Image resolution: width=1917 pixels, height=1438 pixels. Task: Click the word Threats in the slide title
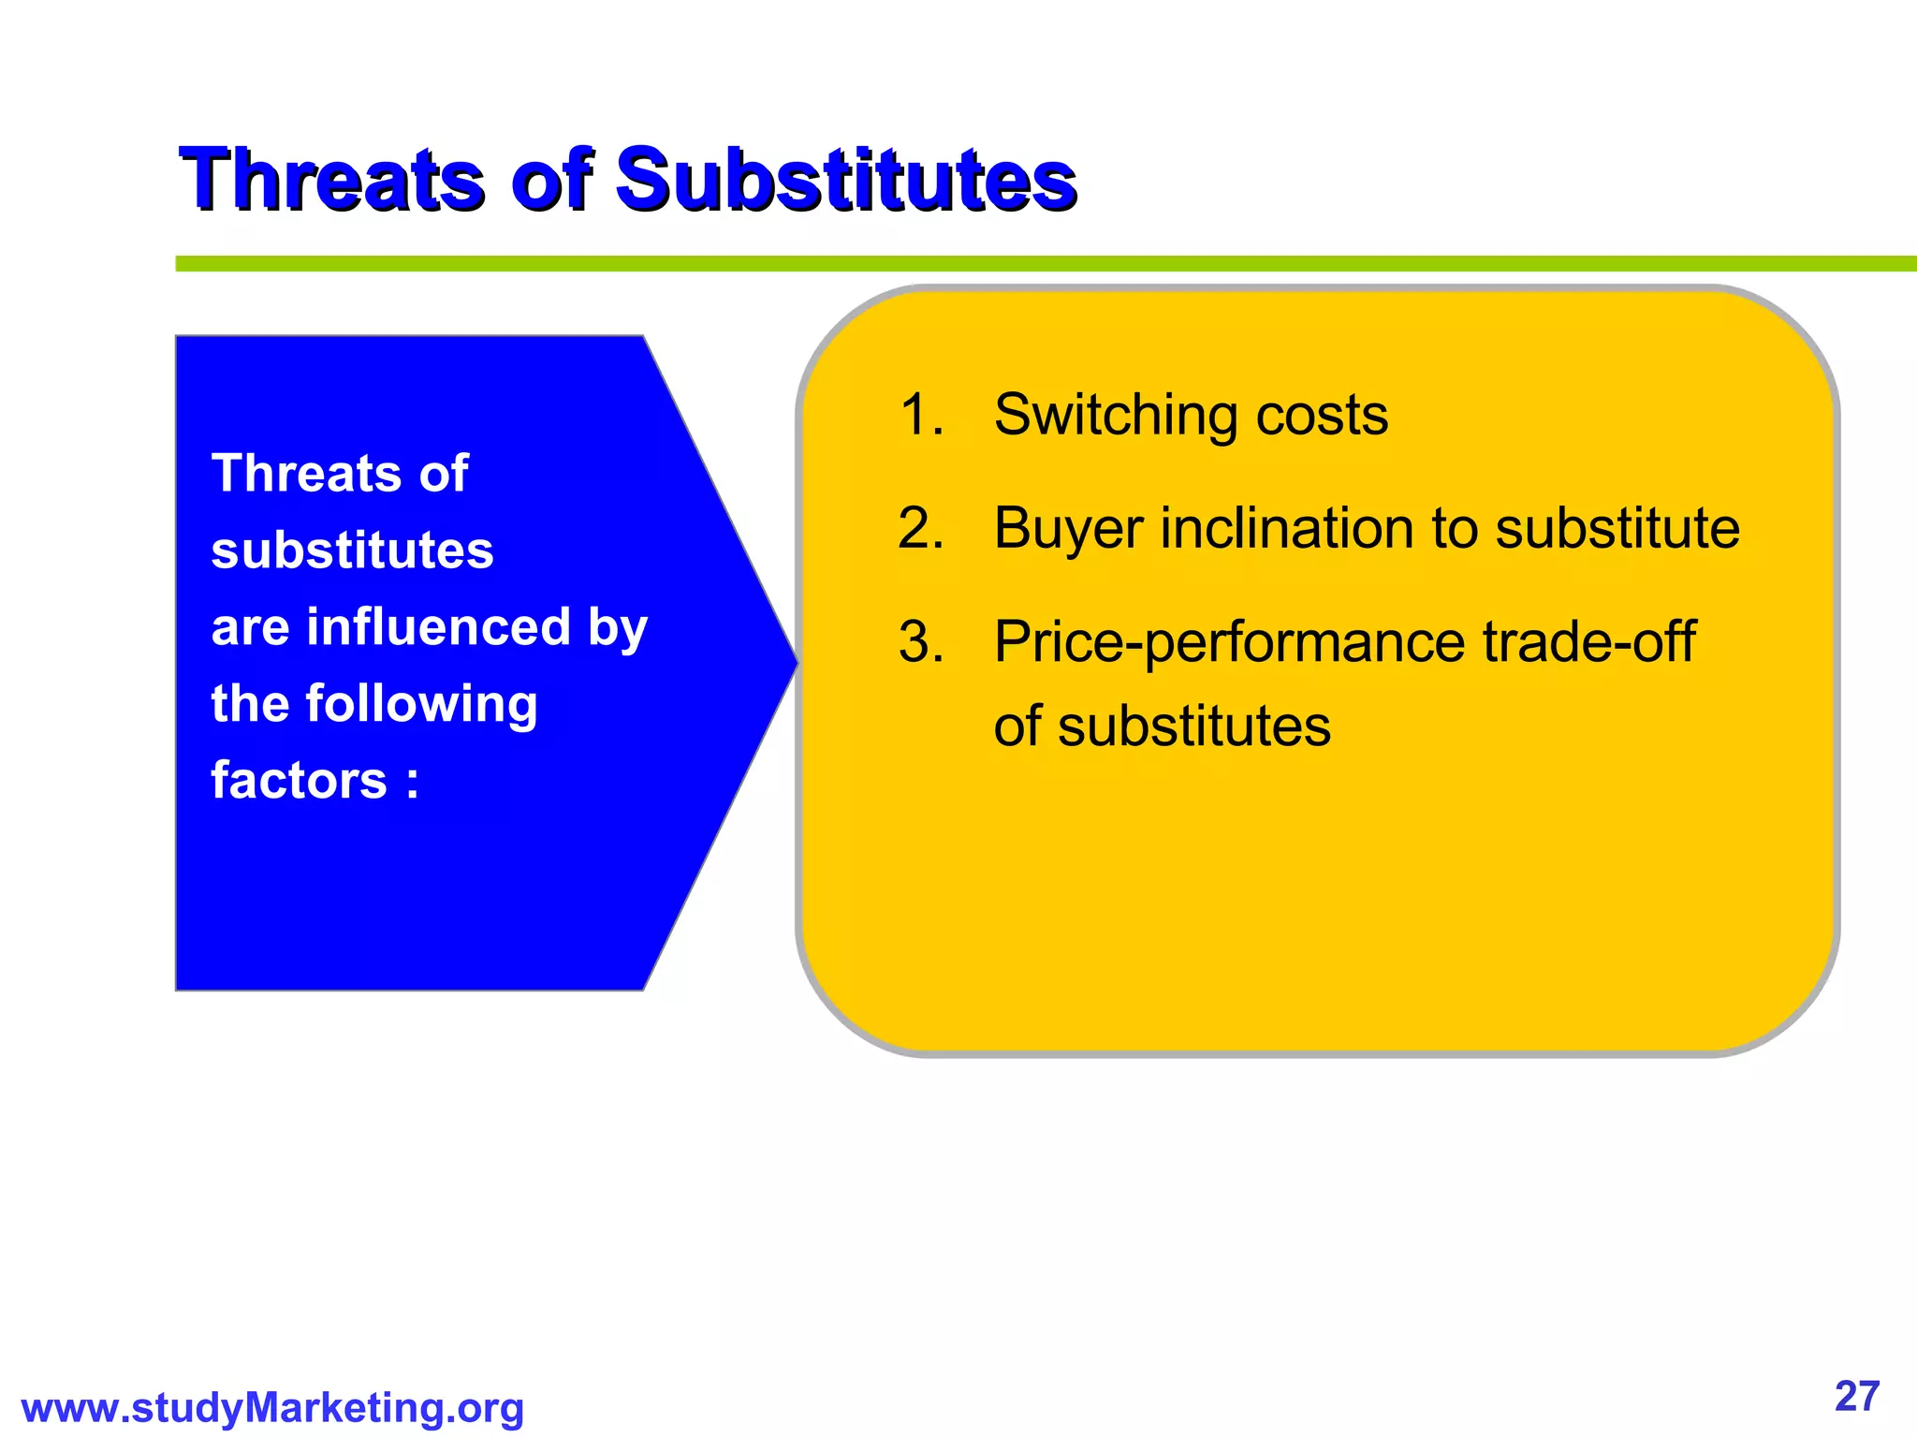[x=332, y=180]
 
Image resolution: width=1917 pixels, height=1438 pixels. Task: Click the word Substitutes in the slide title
[x=846, y=180]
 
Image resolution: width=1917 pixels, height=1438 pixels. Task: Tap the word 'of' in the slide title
[x=552, y=180]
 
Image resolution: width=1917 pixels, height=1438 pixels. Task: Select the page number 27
[x=1857, y=1396]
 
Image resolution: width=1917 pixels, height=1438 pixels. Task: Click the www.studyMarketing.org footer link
[x=272, y=1408]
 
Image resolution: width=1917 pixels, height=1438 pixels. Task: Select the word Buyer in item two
[x=1068, y=529]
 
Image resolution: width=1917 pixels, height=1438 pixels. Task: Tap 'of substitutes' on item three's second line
[x=1162, y=726]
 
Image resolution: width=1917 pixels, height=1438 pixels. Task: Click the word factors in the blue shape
[x=299, y=781]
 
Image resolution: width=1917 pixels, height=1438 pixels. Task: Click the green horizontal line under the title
[x=1030, y=264]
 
